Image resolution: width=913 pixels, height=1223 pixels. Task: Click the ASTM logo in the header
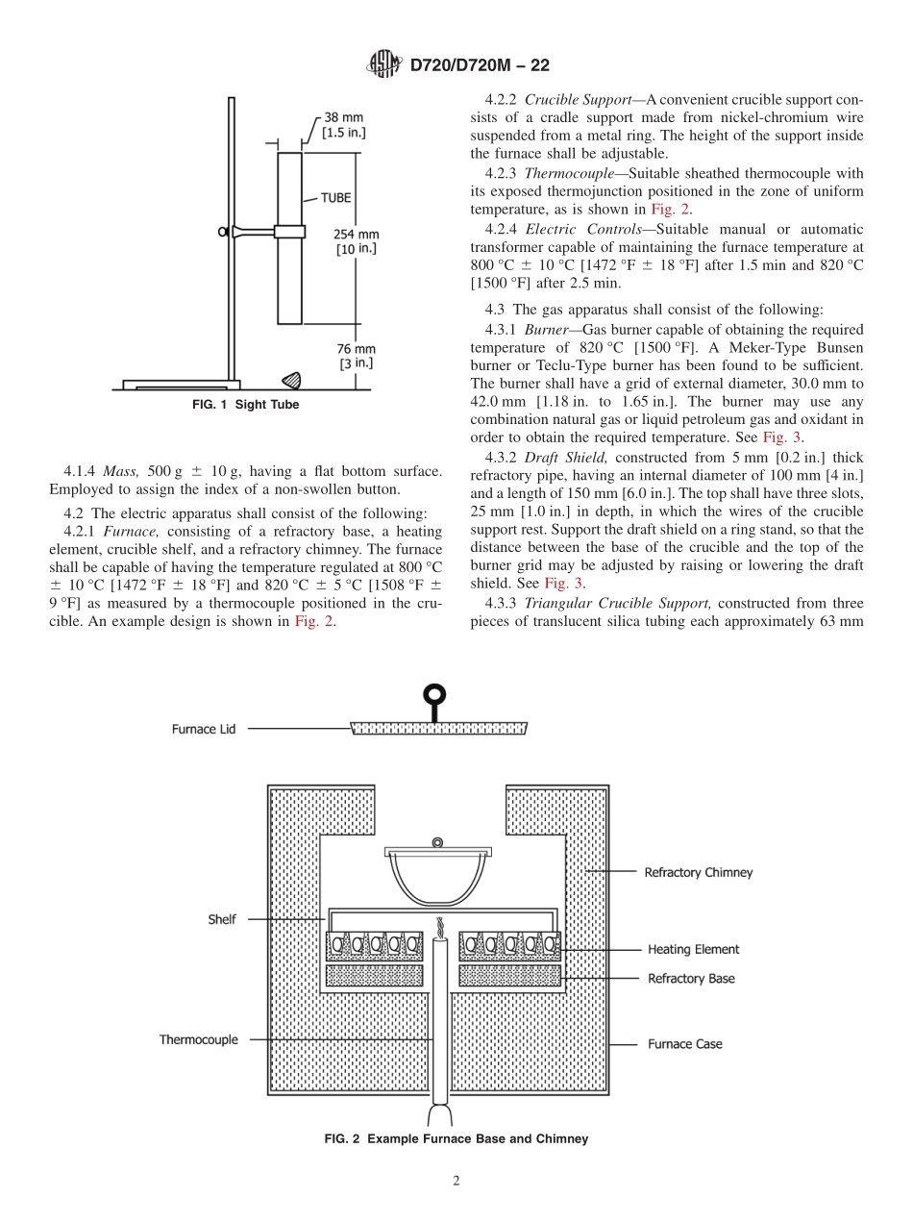[384, 65]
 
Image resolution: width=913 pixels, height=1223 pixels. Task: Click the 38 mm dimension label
[343, 124]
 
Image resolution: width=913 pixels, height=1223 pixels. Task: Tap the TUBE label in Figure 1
[335, 198]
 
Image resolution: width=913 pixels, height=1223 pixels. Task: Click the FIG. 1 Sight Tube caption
[245, 405]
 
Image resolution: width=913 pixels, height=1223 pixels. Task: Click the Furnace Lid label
[193, 729]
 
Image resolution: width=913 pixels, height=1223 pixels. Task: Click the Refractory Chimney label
[698, 872]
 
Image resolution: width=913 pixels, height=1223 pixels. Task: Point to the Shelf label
[221, 919]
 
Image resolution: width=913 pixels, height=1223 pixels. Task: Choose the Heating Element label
[693, 949]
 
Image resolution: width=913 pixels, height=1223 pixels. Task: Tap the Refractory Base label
[691, 978]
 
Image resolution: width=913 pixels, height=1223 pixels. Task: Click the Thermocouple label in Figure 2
[198, 1039]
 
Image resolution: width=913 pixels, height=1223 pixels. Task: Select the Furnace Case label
[684, 1043]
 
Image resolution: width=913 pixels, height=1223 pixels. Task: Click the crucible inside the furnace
[437, 878]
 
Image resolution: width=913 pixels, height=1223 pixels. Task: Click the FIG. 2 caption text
[456, 1138]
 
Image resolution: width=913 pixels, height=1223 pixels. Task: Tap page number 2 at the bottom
[456, 1182]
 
